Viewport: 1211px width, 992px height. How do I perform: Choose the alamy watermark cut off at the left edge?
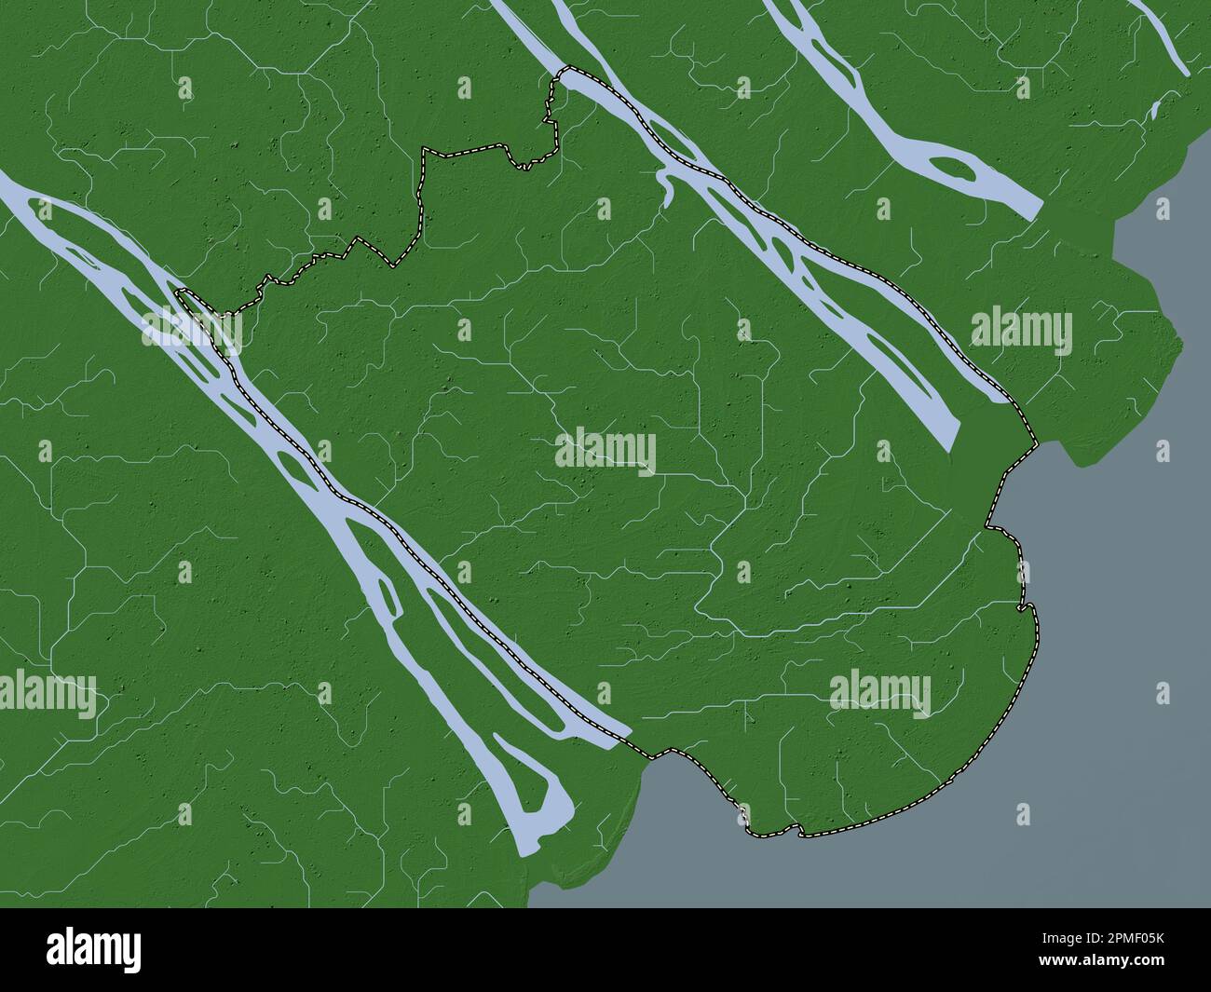[x=47, y=694]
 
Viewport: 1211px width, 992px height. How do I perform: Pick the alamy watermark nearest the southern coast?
[x=879, y=692]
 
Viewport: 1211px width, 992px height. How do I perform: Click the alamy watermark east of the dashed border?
[x=1021, y=331]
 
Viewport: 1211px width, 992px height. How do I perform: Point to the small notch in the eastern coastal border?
[x=1026, y=608]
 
